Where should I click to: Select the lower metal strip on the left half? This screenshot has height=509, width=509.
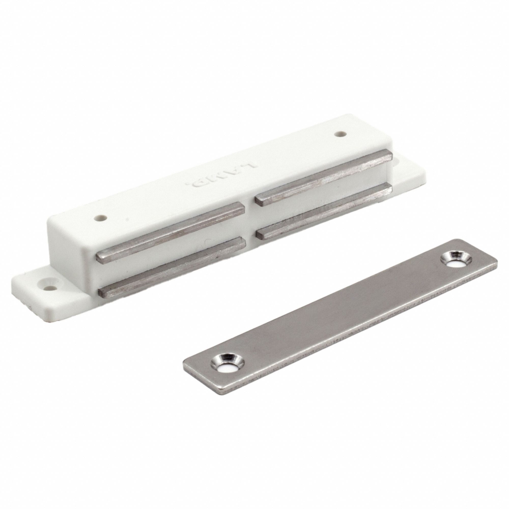pyautogui.click(x=171, y=261)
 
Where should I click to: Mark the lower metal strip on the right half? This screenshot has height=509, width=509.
pyautogui.click(x=324, y=208)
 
